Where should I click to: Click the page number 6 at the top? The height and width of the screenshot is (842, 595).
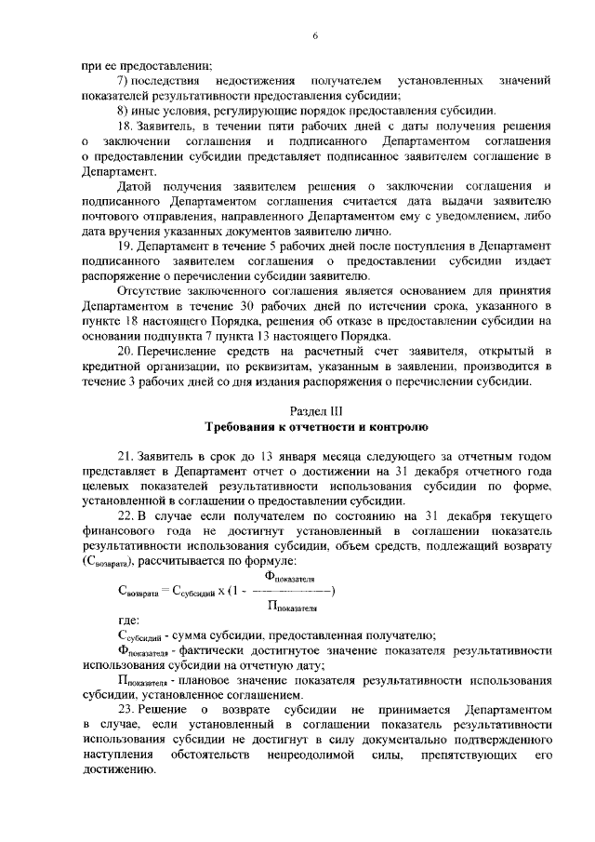pos(315,36)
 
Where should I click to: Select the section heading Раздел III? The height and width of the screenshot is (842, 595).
pos(315,409)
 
